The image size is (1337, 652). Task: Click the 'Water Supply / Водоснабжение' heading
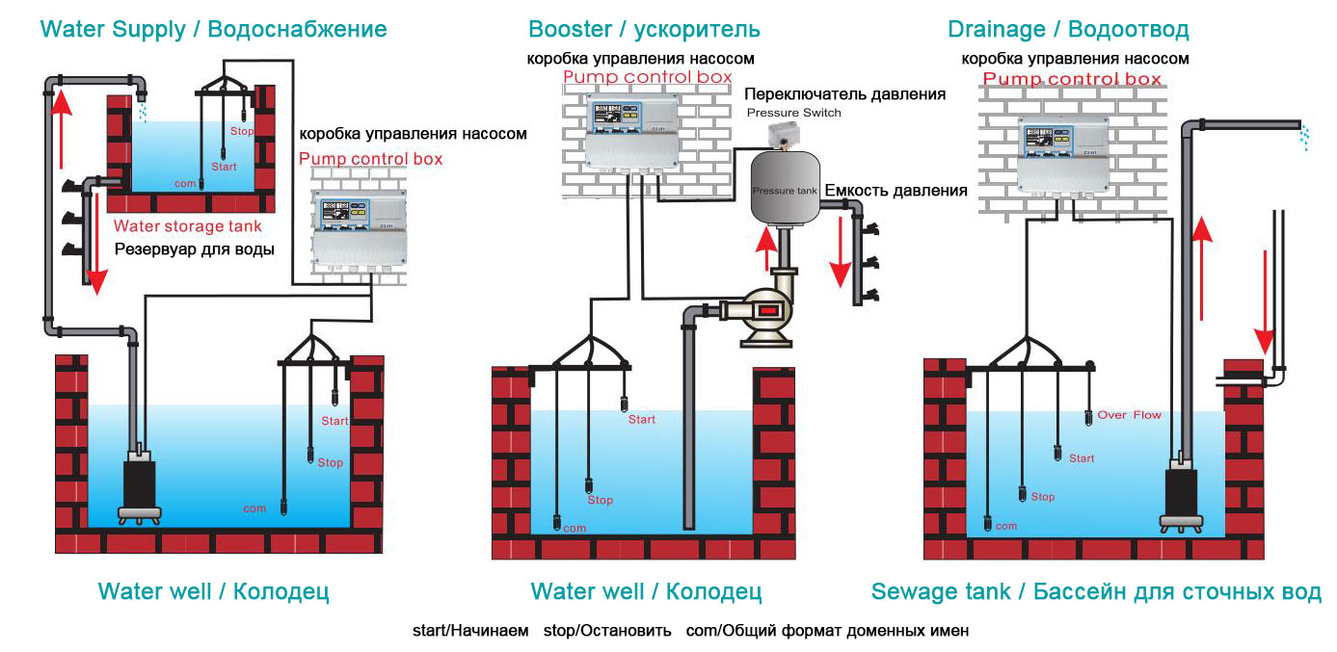(x=213, y=29)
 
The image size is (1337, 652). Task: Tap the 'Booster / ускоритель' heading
(x=644, y=29)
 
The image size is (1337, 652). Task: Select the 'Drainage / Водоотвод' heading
(x=1068, y=29)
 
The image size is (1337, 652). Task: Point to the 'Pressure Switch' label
(x=794, y=113)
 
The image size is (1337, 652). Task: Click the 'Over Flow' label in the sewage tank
(x=1129, y=415)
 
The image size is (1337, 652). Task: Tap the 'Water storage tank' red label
(x=187, y=227)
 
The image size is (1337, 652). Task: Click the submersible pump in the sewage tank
(x=1180, y=493)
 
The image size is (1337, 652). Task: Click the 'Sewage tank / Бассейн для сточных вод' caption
(x=1096, y=591)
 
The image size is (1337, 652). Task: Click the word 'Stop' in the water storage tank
(x=242, y=130)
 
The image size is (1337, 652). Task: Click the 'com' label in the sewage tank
(x=1005, y=526)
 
